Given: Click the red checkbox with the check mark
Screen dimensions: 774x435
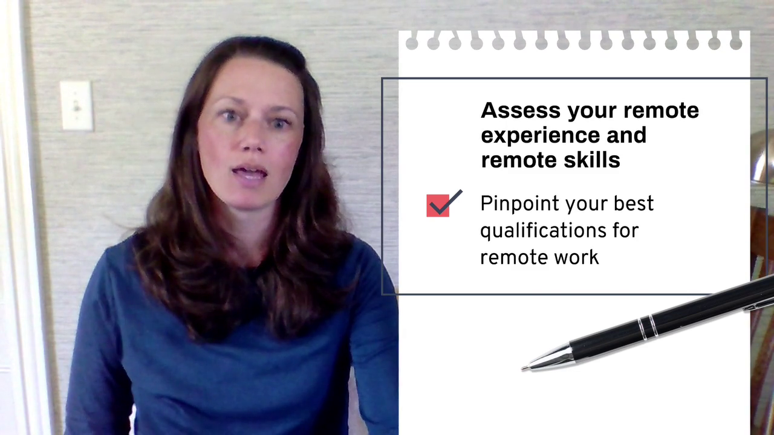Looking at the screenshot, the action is (438, 205).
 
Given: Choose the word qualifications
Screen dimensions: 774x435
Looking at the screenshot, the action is (543, 231).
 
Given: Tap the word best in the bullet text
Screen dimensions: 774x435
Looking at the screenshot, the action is (633, 203).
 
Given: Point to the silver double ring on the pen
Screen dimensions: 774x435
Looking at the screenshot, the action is (648, 326).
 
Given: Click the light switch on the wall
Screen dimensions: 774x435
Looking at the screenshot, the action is (77, 106).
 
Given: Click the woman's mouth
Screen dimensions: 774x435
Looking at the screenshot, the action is (250, 172).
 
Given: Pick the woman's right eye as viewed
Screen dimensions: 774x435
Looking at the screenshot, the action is (280, 123).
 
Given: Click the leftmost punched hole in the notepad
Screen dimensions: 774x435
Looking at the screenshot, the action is (412, 43).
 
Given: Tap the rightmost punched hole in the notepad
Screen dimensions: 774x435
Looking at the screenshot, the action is (736, 43).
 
